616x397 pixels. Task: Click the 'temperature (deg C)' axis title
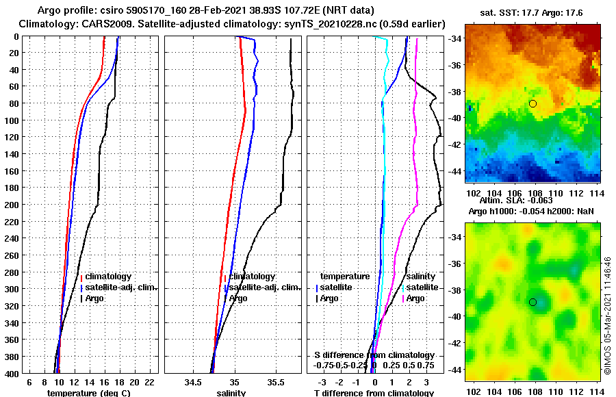[88, 393]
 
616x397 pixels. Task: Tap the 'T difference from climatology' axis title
[373, 393]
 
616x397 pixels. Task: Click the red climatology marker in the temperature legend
[81, 277]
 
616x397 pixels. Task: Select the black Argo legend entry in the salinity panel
[238, 298]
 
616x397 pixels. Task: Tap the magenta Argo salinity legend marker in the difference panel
[404, 298]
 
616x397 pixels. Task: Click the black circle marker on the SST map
[532, 103]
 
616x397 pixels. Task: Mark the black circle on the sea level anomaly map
[532, 302]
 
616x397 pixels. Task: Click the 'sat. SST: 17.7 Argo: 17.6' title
[533, 12]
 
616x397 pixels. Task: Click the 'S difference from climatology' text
[374, 355]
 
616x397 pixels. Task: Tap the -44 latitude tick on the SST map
[456, 170]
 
